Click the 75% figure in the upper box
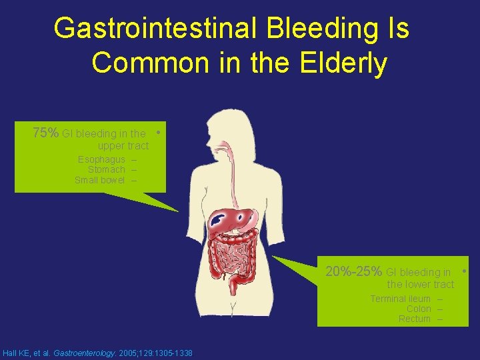pyautogui.click(x=45, y=133)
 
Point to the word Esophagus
pyautogui.click(x=101, y=159)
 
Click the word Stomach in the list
pyautogui.click(x=107, y=169)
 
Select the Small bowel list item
pyautogui.click(x=99, y=180)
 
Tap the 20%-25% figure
pyautogui.click(x=353, y=271)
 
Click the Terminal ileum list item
pyautogui.click(x=400, y=299)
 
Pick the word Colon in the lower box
pyautogui.click(x=419, y=309)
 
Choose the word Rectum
pyautogui.click(x=415, y=319)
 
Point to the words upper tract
pyautogui.click(x=123, y=145)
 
